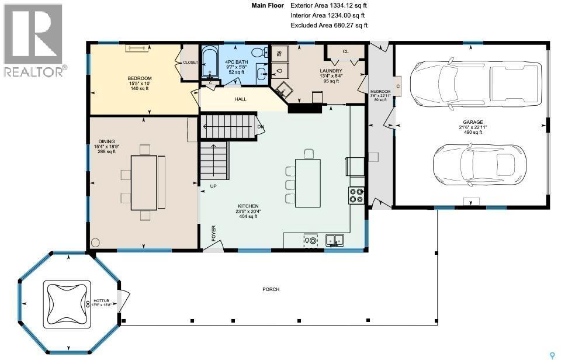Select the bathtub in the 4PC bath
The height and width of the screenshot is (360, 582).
tap(209, 63)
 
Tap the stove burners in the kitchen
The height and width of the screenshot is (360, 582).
tap(356, 195)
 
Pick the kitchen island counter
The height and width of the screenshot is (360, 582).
tap(307, 183)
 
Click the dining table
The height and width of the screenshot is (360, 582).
tap(144, 182)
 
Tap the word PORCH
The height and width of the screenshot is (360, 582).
tap(271, 289)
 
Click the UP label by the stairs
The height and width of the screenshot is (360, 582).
tap(213, 186)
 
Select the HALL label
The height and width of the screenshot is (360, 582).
tap(240, 99)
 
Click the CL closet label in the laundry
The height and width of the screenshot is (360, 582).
tap(345, 51)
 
